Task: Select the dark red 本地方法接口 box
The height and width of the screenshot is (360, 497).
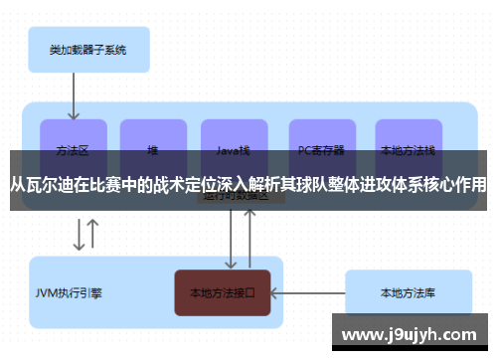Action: tap(223, 292)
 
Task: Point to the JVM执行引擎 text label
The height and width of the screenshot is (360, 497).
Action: tap(69, 293)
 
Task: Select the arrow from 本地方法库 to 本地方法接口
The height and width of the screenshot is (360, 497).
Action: tap(307, 292)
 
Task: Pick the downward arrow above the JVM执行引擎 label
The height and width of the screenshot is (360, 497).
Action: tap(78, 235)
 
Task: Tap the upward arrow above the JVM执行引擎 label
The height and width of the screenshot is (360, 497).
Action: tap(93, 235)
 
